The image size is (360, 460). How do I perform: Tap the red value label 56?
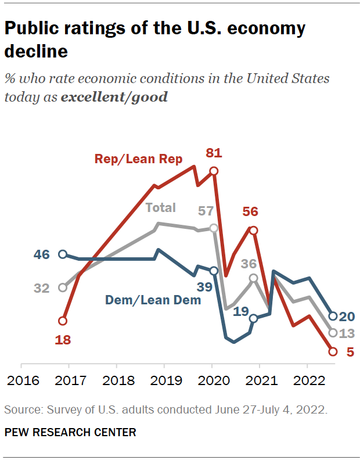(251, 212)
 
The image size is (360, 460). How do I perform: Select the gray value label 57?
(206, 211)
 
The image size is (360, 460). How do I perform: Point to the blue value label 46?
(41, 254)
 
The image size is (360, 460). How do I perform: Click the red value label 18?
(62, 340)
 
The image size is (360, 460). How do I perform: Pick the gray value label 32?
(41, 287)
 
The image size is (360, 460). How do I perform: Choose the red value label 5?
(350, 351)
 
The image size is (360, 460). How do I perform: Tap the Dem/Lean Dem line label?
(153, 300)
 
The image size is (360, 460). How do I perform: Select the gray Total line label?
(161, 207)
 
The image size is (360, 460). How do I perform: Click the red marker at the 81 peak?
(214, 171)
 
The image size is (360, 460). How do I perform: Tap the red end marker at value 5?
(333, 351)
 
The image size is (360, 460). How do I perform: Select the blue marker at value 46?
(63, 254)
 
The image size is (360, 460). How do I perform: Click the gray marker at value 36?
(254, 278)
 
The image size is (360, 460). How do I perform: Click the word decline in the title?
(36, 51)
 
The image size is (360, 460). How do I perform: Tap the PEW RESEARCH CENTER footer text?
(70, 433)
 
